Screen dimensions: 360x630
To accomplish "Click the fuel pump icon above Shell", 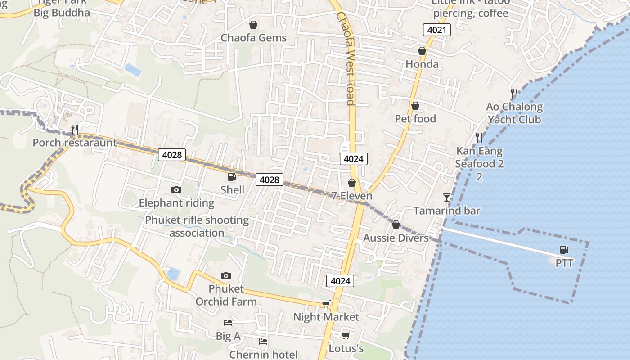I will [232, 177].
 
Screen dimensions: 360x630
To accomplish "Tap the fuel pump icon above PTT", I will [564, 250].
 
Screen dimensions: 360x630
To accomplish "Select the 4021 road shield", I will [436, 30].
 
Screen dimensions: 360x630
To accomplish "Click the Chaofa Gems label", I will [253, 38].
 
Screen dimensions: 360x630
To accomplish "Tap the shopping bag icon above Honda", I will [422, 51].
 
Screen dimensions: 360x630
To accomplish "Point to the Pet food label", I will [415, 119].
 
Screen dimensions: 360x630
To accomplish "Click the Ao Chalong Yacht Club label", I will [514, 113].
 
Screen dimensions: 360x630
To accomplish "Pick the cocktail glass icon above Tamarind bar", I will [446, 197].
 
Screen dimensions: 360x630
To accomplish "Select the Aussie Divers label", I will [396, 238].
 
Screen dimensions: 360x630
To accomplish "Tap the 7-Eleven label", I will [352, 196].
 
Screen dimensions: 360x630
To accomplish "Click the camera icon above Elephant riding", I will [176, 190].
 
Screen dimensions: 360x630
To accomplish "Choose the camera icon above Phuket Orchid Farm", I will [226, 275].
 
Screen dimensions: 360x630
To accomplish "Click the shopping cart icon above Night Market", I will [326, 304].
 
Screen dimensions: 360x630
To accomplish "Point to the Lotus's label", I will [346, 349].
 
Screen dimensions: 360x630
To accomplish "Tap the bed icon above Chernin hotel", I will [263, 342].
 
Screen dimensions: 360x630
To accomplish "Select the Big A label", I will [228, 336].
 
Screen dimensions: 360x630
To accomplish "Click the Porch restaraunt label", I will [75, 143].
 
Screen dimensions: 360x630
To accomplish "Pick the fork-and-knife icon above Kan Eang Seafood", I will [480, 137].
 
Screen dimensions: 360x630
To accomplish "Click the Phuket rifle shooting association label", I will [197, 226].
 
